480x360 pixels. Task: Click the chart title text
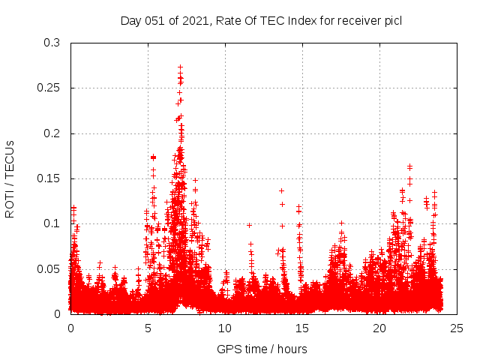261,21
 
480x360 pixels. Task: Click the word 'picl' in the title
392,21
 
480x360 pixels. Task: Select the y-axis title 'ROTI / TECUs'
10,178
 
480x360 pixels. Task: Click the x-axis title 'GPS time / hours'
262,349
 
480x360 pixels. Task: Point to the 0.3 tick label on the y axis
51,43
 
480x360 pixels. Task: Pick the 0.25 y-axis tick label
48,88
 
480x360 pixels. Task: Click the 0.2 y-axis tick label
51,133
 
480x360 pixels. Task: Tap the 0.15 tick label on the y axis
48,178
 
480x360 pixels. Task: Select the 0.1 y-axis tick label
51,223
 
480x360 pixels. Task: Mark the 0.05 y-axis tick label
48,268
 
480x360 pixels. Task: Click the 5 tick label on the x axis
148,328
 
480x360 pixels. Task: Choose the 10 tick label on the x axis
225,328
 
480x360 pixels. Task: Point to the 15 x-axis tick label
302,328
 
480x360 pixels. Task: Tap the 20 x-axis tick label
379,328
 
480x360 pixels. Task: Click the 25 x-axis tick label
457,328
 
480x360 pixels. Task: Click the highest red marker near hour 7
181,67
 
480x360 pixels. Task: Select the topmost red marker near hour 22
409,166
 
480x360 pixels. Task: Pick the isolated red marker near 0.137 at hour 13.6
281,190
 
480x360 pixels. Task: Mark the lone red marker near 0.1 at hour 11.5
249,225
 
